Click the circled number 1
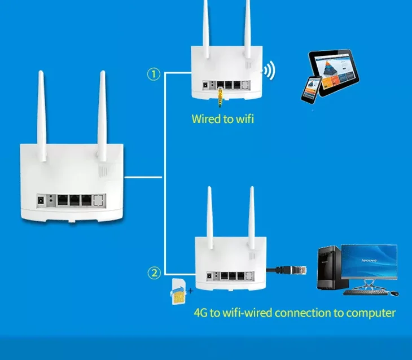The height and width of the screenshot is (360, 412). click(x=154, y=74)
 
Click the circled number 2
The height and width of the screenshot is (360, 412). click(x=154, y=274)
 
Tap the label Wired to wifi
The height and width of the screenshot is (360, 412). click(x=219, y=119)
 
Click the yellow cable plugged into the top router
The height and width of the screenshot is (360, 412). click(x=220, y=96)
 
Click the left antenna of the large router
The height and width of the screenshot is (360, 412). click(x=42, y=107)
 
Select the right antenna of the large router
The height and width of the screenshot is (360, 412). click(x=102, y=107)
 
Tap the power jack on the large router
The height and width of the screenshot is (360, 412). click(x=41, y=199)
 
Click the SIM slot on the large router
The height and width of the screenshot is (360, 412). click(x=99, y=199)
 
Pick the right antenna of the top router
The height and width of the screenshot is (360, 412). click(x=247, y=25)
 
